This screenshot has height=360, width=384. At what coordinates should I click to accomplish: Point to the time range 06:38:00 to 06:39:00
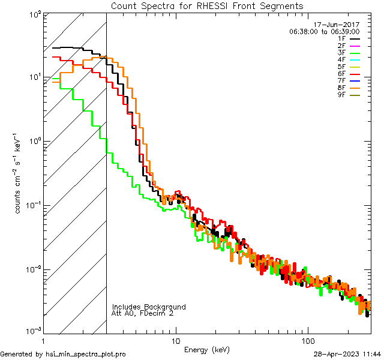(x=324, y=31)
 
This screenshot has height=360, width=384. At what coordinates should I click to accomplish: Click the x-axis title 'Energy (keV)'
(x=207, y=349)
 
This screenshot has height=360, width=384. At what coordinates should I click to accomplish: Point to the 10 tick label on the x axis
(x=175, y=339)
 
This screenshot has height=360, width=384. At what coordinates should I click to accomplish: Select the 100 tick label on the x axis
(x=308, y=339)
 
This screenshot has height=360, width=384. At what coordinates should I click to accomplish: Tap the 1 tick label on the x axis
(x=43, y=339)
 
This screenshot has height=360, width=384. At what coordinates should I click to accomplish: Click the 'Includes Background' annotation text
(x=148, y=307)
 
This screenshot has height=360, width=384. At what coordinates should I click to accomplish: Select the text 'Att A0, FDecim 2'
(x=143, y=313)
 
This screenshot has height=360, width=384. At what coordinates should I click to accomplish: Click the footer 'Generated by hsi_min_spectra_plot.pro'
(x=63, y=354)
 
